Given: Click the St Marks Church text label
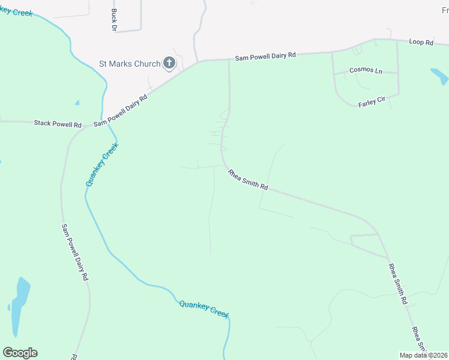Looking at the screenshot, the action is tap(130, 64).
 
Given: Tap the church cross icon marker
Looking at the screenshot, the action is tap(169, 63).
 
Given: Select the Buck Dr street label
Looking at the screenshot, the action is tap(113, 19).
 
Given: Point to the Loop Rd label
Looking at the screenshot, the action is tap(421, 43).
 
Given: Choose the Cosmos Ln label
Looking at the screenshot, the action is tap(366, 71).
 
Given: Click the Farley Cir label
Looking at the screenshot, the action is tap(371, 101).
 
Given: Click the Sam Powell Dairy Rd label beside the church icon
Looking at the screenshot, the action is tap(265, 55).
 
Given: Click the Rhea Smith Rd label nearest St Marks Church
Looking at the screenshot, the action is tap(247, 179).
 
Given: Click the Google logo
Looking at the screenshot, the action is tap(20, 353).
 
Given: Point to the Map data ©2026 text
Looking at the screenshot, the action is tap(423, 355).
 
